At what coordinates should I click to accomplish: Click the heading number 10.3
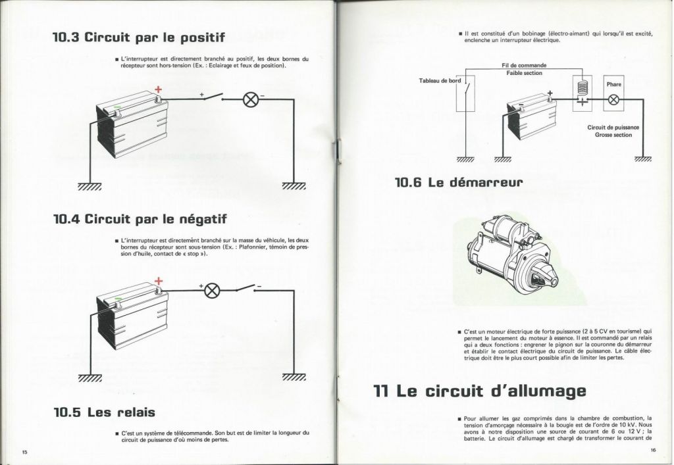tap(66, 37)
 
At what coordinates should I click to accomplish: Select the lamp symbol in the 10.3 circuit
tap(250, 99)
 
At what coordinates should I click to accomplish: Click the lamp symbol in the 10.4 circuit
tap(212, 291)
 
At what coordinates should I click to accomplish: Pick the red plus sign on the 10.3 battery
tap(159, 89)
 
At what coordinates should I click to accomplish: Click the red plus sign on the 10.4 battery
tap(159, 281)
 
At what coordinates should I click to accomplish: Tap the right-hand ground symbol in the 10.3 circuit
tap(294, 186)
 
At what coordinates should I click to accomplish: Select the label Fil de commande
tap(524, 65)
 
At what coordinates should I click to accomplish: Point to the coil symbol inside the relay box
tap(582, 87)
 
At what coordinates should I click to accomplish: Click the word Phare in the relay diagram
tap(614, 84)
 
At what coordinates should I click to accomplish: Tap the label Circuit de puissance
tap(613, 128)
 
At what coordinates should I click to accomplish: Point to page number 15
tap(24, 452)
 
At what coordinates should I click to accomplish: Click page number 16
tap(653, 450)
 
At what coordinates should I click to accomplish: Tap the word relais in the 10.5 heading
tap(137, 412)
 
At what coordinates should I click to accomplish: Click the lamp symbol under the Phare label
tap(614, 100)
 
